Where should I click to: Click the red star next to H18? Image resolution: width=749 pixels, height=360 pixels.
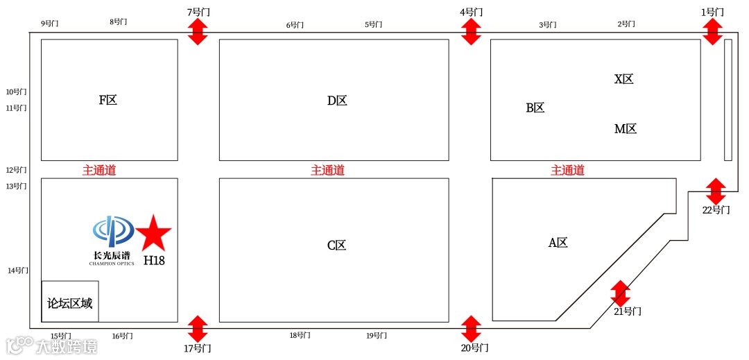pyautogui.click(x=153, y=234)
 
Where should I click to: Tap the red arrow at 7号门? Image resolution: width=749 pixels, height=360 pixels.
pyautogui.click(x=198, y=32)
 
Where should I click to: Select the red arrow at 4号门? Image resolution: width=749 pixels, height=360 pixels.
pyautogui.click(x=471, y=32)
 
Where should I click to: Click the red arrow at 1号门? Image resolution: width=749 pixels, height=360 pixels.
pyautogui.click(x=712, y=32)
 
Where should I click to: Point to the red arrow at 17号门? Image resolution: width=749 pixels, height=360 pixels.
pyautogui.click(x=198, y=329)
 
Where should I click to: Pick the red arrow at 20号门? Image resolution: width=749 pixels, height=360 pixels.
pyautogui.click(x=471, y=329)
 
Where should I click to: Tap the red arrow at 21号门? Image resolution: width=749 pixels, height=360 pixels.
pyautogui.click(x=620, y=293)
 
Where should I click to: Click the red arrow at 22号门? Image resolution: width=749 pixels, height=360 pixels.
pyautogui.click(x=716, y=191)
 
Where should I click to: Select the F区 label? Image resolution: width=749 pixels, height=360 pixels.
pyautogui.click(x=108, y=101)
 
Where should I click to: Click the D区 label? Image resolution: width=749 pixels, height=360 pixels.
pyautogui.click(x=337, y=101)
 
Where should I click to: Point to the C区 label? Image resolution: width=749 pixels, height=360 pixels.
pyautogui.click(x=336, y=246)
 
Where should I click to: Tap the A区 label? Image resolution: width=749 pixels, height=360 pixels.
pyautogui.click(x=558, y=243)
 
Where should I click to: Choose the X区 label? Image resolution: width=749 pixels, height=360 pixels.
pyautogui.click(x=624, y=79)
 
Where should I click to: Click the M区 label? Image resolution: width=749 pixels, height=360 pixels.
pyautogui.click(x=626, y=129)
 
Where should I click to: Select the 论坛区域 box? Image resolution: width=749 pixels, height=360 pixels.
pyautogui.click(x=70, y=302)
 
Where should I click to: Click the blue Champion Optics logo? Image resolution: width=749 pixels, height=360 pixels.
pyautogui.click(x=113, y=232)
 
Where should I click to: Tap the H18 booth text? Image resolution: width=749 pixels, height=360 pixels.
pyautogui.click(x=154, y=261)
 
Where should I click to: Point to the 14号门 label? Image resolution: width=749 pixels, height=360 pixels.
pyautogui.click(x=18, y=271)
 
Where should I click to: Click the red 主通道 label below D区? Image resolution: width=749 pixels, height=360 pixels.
pyautogui.click(x=327, y=171)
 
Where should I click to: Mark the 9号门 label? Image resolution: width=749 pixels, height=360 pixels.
pyautogui.click(x=50, y=24)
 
